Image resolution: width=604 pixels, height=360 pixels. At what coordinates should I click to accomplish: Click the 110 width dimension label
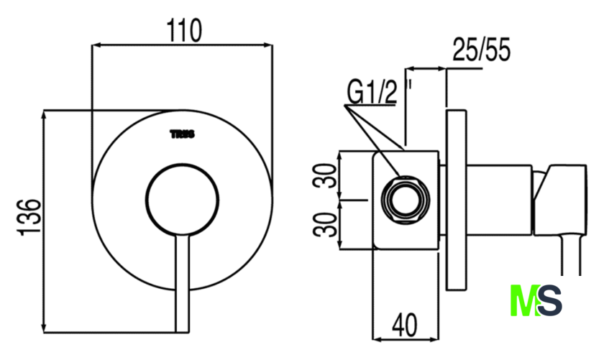coord(184,30)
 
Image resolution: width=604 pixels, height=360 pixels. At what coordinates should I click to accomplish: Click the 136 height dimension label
coord(29,217)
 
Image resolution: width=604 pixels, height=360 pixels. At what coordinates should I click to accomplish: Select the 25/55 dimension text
coord(482,50)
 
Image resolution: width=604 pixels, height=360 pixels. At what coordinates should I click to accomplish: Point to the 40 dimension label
coord(404,325)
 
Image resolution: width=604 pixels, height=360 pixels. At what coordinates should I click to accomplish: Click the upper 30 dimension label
coord(325,175)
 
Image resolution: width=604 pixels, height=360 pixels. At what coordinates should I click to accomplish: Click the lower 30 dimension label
coord(325,224)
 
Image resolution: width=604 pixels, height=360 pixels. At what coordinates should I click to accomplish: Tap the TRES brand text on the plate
coord(183,134)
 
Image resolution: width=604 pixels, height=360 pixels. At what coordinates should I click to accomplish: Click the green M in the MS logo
coord(524,300)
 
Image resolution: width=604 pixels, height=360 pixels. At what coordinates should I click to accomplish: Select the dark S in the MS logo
coord(549,300)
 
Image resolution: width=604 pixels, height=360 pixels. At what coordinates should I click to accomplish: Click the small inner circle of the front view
coord(182,200)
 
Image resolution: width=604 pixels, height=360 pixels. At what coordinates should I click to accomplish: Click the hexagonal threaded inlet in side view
coord(405,200)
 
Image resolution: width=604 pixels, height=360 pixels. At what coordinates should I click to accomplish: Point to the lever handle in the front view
coord(182,283)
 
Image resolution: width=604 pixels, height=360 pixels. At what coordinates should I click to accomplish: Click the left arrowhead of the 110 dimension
coord(96,45)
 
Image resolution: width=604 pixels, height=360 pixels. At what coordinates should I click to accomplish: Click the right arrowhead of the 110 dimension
coord(268,45)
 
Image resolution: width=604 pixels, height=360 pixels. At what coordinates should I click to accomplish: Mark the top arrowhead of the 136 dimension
coord(44,115)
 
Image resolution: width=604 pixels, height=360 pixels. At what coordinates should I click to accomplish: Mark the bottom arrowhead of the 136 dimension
coord(44,328)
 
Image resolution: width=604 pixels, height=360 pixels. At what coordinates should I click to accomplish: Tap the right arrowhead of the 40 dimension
coord(434,340)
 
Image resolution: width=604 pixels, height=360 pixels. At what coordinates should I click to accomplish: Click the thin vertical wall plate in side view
coord(456,200)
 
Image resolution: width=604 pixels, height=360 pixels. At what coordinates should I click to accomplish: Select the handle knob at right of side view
coord(560,200)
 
